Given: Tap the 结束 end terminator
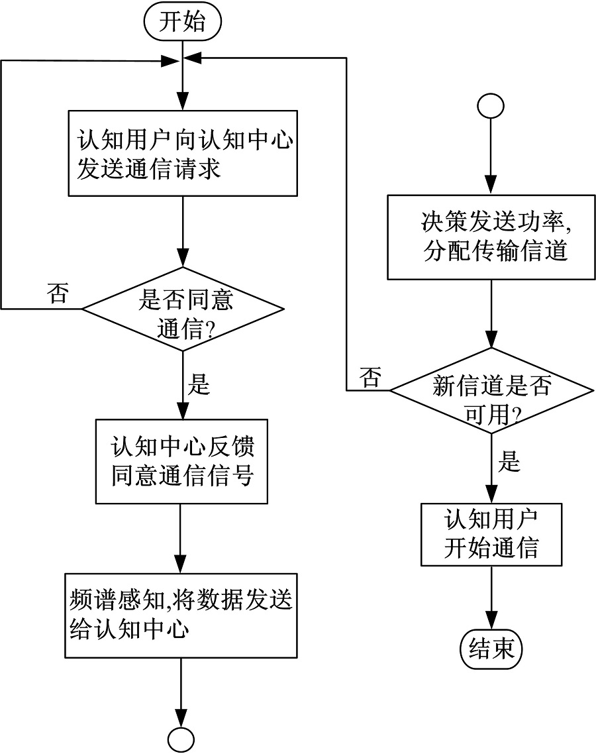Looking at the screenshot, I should point(491,647).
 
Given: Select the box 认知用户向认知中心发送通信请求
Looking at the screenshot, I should point(181,153).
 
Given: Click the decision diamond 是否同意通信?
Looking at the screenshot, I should point(182,309).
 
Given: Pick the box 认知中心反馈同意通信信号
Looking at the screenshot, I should point(181,461).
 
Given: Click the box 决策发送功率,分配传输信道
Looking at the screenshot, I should point(490,237).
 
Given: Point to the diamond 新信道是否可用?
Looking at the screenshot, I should point(490,390).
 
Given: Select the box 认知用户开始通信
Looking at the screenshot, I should point(491,534).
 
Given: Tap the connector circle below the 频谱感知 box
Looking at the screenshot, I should point(181,738).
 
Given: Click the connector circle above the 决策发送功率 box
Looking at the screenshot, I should point(491,106).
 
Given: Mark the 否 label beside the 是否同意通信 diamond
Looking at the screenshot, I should point(58,293).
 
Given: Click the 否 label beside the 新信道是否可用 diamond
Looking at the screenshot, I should point(370,378).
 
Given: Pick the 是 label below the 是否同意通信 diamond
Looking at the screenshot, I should point(199,384).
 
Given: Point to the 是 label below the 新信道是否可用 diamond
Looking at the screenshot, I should point(509,462).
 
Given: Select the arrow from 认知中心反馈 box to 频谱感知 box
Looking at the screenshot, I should point(181,537).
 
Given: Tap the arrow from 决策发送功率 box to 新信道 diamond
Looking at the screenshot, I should point(490,313).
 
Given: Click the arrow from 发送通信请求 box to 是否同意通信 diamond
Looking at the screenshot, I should point(181,232).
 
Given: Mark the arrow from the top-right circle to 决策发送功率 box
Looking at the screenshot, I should point(491,156).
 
